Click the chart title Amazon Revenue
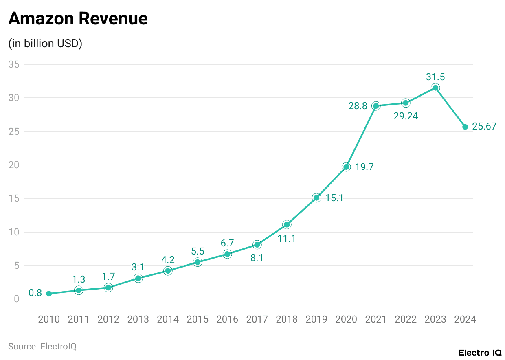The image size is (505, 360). pyautogui.click(x=78, y=19)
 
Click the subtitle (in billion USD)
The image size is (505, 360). pyautogui.click(x=45, y=44)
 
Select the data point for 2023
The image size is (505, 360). pyautogui.click(x=435, y=88)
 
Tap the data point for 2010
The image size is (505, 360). pyautogui.click(x=49, y=294)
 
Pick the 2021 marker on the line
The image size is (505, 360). pyautogui.click(x=376, y=106)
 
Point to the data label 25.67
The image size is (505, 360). pyautogui.click(x=484, y=127)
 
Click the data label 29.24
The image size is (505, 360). pyautogui.click(x=406, y=116)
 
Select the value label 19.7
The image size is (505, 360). pyautogui.click(x=364, y=167)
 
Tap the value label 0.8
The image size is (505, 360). pyautogui.click(x=35, y=293)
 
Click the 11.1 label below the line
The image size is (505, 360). pyautogui.click(x=287, y=239)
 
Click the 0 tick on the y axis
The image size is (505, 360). pyautogui.click(x=16, y=299)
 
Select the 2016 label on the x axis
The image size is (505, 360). pyautogui.click(x=227, y=319)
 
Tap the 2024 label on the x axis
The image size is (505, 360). pyautogui.click(x=465, y=319)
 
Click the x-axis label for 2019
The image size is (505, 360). pyautogui.click(x=316, y=319)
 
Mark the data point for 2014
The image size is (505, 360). pyautogui.click(x=168, y=271)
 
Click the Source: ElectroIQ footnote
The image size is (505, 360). pyautogui.click(x=42, y=347)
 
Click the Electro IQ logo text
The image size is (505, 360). pyautogui.click(x=480, y=353)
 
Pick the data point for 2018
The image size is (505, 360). pyautogui.click(x=287, y=224)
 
